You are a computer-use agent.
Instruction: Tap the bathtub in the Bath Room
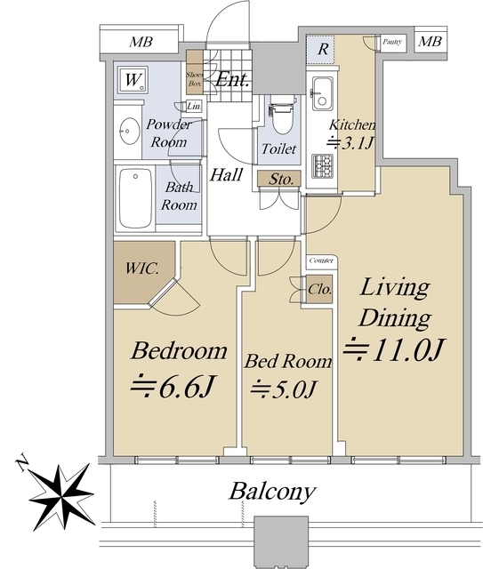click(135, 198)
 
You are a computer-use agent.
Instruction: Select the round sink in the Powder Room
click(130, 131)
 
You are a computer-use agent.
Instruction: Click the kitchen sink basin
click(322, 93)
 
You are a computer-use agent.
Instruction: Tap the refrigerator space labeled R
click(323, 49)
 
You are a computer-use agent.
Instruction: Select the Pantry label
click(392, 42)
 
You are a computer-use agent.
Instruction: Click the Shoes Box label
click(195, 79)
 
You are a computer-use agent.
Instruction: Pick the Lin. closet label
click(194, 107)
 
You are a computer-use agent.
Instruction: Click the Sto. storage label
click(281, 179)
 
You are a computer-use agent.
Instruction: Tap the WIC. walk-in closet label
click(142, 268)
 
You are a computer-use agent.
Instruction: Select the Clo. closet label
click(320, 289)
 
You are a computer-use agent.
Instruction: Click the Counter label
click(321, 260)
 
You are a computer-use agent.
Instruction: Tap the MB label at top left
click(141, 42)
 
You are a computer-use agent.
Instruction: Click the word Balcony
click(272, 492)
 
